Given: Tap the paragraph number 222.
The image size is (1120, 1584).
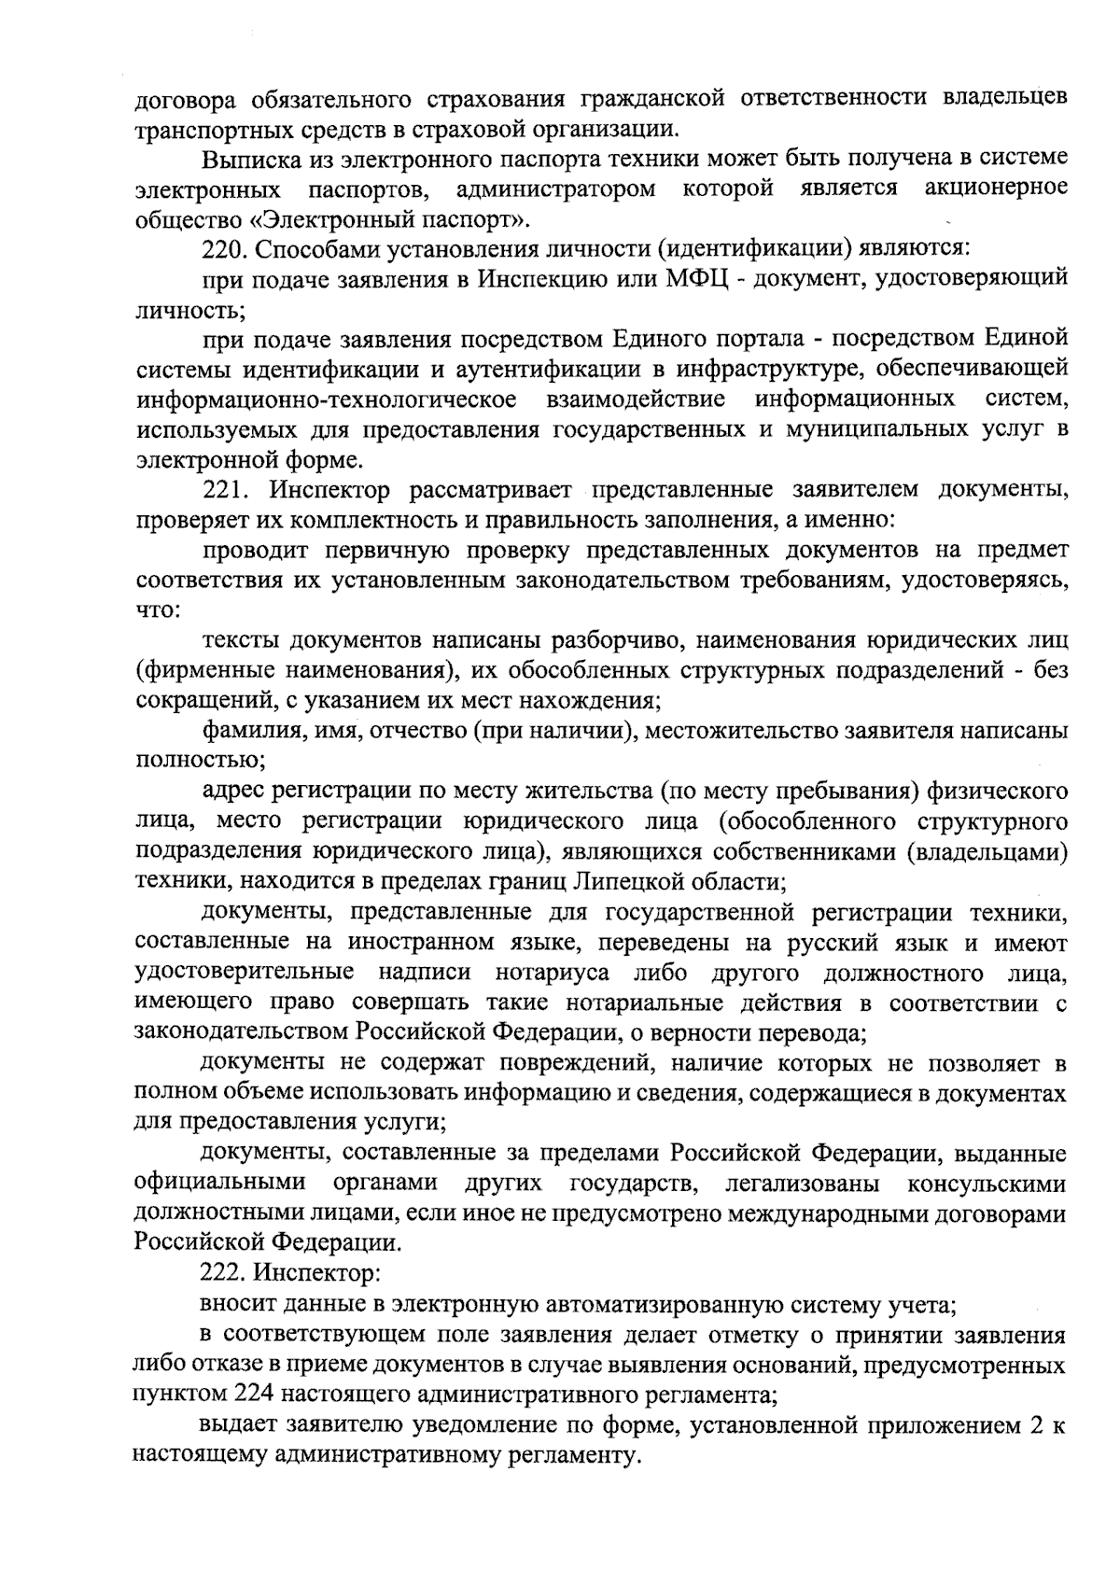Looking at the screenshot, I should [223, 1271].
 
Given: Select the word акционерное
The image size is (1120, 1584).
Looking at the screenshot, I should [996, 189].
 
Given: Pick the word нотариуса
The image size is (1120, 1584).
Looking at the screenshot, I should [553, 973].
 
